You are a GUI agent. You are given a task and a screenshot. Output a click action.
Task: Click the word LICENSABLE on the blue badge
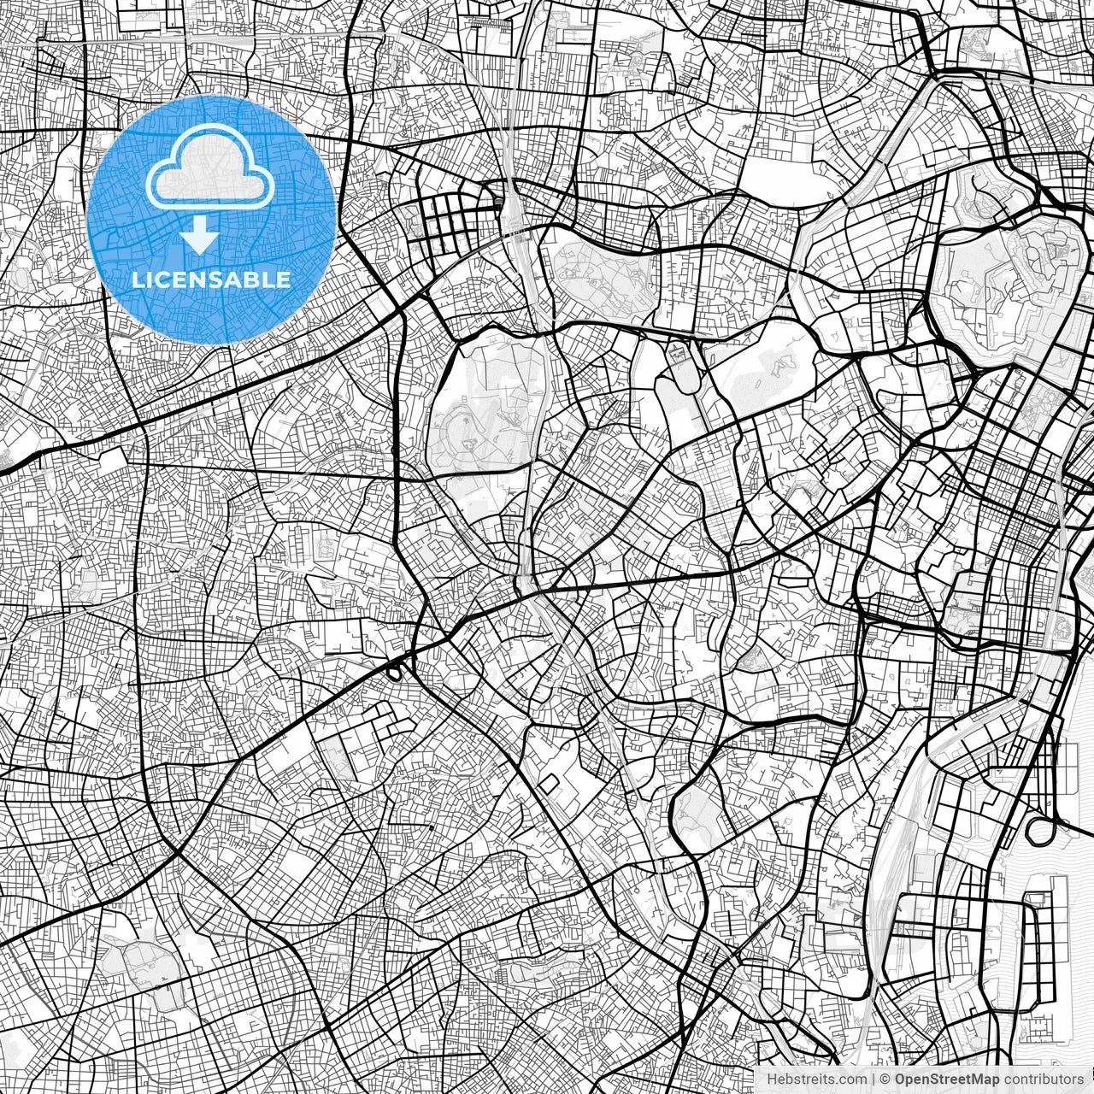tap(211, 279)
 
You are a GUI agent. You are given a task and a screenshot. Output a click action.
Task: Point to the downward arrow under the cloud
tap(200, 234)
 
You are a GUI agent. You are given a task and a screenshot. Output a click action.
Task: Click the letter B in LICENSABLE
tap(252, 279)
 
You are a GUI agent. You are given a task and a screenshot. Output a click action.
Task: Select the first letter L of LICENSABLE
tap(138, 279)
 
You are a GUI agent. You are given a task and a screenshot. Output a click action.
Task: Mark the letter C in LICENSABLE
tap(164, 279)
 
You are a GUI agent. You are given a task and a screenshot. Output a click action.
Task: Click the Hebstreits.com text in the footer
tap(816, 1079)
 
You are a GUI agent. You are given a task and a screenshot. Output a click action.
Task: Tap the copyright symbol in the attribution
tap(886, 1079)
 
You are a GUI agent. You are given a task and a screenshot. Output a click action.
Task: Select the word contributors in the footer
tap(1044, 1079)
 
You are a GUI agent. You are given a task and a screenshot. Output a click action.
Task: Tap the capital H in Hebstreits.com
tap(772, 1079)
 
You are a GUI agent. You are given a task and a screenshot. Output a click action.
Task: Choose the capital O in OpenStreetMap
tap(901, 1079)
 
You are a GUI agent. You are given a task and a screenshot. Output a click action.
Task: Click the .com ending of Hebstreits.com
tap(850, 1079)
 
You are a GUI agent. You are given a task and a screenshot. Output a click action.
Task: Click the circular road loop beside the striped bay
tap(1042, 830)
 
